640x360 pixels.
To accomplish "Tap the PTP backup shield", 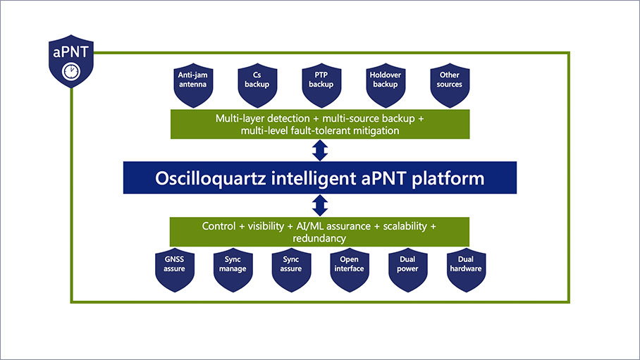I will (x=321, y=80).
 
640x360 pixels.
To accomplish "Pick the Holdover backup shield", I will (x=386, y=80).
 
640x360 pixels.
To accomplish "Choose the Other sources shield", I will (x=450, y=80).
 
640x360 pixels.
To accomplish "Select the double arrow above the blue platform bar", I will (x=321, y=150).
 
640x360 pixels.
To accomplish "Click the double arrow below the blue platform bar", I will (x=321, y=205).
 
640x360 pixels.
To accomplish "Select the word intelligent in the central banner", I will (x=304, y=178).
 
